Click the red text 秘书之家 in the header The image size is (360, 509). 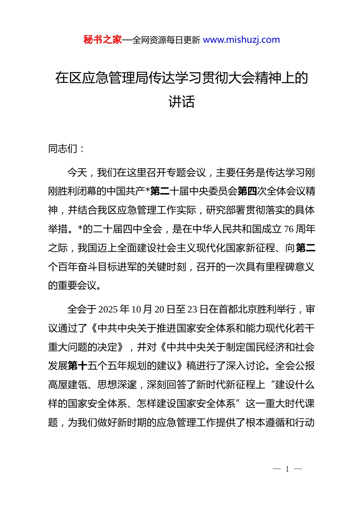102,40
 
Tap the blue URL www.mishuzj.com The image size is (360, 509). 241,40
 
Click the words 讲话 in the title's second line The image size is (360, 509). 182,101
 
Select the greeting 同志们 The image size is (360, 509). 63,149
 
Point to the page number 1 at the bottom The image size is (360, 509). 287,469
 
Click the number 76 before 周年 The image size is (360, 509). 288,229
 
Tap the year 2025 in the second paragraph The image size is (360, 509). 108,309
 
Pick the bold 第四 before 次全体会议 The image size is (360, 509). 247,191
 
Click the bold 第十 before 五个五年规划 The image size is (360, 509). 78,366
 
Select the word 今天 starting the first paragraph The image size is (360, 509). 77,173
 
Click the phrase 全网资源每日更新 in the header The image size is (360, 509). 166,40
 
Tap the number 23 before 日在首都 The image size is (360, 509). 192,309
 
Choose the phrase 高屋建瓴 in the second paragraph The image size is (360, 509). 68,385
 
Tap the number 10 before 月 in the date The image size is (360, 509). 136,309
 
